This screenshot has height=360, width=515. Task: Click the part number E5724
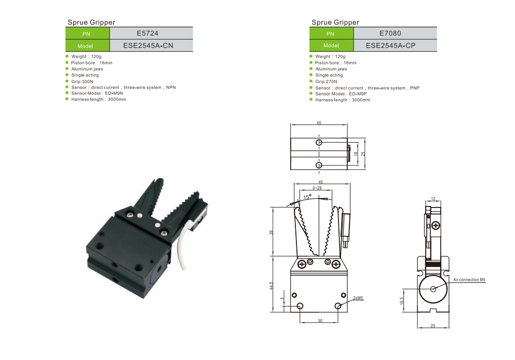point(147,34)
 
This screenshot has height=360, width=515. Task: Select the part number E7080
point(390,34)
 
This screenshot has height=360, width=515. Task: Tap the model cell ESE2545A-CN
point(148,46)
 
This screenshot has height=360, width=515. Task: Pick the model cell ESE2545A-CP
point(390,46)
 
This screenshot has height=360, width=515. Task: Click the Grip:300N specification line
point(82,81)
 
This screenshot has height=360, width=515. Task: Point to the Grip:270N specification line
point(326,81)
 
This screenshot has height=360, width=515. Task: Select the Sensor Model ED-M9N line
point(97,93)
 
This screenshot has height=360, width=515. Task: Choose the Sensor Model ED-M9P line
point(341,94)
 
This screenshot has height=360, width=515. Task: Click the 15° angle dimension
point(307,197)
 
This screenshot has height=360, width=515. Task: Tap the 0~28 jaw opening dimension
point(317,188)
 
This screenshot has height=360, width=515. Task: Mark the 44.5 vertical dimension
point(272,285)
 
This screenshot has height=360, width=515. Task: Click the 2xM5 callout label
point(358,298)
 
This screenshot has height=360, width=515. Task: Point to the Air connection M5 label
point(469,280)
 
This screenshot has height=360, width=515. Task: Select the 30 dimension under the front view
point(320,321)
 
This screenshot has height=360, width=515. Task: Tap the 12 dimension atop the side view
point(433,199)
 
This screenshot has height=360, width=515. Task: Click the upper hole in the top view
point(319,143)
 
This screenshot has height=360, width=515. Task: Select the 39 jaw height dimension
point(272,232)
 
